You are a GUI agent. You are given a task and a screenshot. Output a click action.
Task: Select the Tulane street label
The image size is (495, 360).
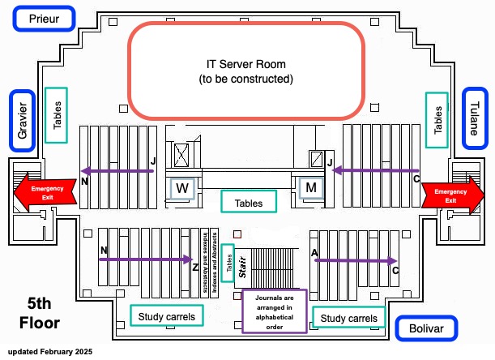click(475, 119)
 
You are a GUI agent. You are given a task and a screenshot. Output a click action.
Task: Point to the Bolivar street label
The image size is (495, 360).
click(426, 328)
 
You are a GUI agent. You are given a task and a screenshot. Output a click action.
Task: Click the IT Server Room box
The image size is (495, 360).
click(246, 71)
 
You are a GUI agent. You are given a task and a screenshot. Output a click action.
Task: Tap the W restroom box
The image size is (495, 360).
click(183, 189)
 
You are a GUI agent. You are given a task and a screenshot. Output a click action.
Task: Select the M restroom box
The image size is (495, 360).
click(310, 188)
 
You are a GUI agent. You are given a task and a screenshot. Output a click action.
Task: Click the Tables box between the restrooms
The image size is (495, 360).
click(249, 202)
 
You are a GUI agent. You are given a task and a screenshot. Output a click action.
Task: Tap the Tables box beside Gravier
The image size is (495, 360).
click(57, 115)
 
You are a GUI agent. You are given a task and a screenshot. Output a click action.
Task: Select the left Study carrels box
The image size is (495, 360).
click(167, 314)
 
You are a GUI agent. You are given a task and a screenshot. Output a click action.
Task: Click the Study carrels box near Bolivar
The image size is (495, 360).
click(349, 318)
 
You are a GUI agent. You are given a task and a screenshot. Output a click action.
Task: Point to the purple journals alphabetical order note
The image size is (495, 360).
click(273, 311)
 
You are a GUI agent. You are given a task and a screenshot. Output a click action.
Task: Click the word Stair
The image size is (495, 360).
click(242, 272)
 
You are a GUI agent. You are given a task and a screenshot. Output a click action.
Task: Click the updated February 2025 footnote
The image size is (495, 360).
click(50, 352)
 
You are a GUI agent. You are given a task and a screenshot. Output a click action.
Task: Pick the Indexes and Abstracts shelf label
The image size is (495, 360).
click(215, 260)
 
